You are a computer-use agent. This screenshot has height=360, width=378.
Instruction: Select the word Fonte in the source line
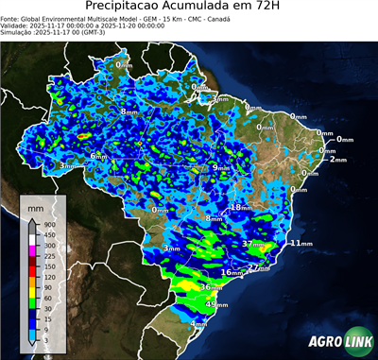(10, 18)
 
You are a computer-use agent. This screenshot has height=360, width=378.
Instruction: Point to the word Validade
(16, 26)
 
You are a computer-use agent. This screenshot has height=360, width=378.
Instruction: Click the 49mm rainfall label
(216, 304)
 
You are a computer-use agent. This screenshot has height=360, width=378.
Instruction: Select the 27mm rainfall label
(259, 267)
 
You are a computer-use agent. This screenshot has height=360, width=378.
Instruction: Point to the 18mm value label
(242, 207)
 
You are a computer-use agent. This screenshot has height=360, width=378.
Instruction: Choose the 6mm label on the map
(98, 155)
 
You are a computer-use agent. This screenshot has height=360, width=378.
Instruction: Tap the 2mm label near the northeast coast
(338, 159)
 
